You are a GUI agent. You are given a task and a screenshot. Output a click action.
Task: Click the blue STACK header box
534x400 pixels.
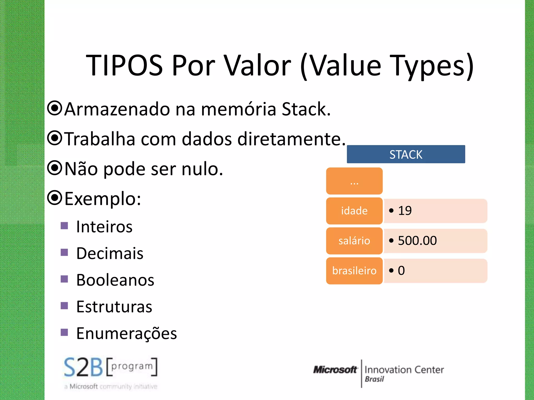(406, 154)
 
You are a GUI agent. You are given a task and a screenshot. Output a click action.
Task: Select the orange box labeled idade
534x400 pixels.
(354, 211)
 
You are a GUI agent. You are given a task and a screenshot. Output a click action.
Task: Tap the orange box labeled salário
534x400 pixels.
(354, 241)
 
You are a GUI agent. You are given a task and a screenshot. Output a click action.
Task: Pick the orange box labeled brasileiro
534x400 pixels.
(354, 271)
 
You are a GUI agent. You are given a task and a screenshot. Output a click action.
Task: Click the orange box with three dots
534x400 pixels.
(354, 181)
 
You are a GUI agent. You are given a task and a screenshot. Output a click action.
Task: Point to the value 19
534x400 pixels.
(405, 211)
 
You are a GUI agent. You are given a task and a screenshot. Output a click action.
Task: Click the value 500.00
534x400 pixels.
(417, 241)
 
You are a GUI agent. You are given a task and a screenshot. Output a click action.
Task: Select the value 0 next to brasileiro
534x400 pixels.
(401, 271)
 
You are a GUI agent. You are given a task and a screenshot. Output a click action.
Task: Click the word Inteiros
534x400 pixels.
(104, 227)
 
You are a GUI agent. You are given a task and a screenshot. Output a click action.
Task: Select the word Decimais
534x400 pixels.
(110, 253)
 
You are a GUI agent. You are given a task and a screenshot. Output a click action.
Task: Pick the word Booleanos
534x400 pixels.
(115, 280)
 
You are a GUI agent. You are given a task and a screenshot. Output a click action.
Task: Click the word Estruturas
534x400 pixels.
(114, 307)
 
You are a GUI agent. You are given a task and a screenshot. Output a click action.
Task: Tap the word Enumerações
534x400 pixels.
(126, 334)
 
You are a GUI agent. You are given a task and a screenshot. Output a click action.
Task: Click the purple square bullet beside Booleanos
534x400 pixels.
(64, 279)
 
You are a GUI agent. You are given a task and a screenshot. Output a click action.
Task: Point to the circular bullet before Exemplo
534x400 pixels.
(55, 198)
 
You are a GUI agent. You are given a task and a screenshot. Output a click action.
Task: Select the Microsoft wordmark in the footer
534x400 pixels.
(335, 370)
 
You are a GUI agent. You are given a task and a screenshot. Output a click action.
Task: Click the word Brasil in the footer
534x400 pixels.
(374, 379)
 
